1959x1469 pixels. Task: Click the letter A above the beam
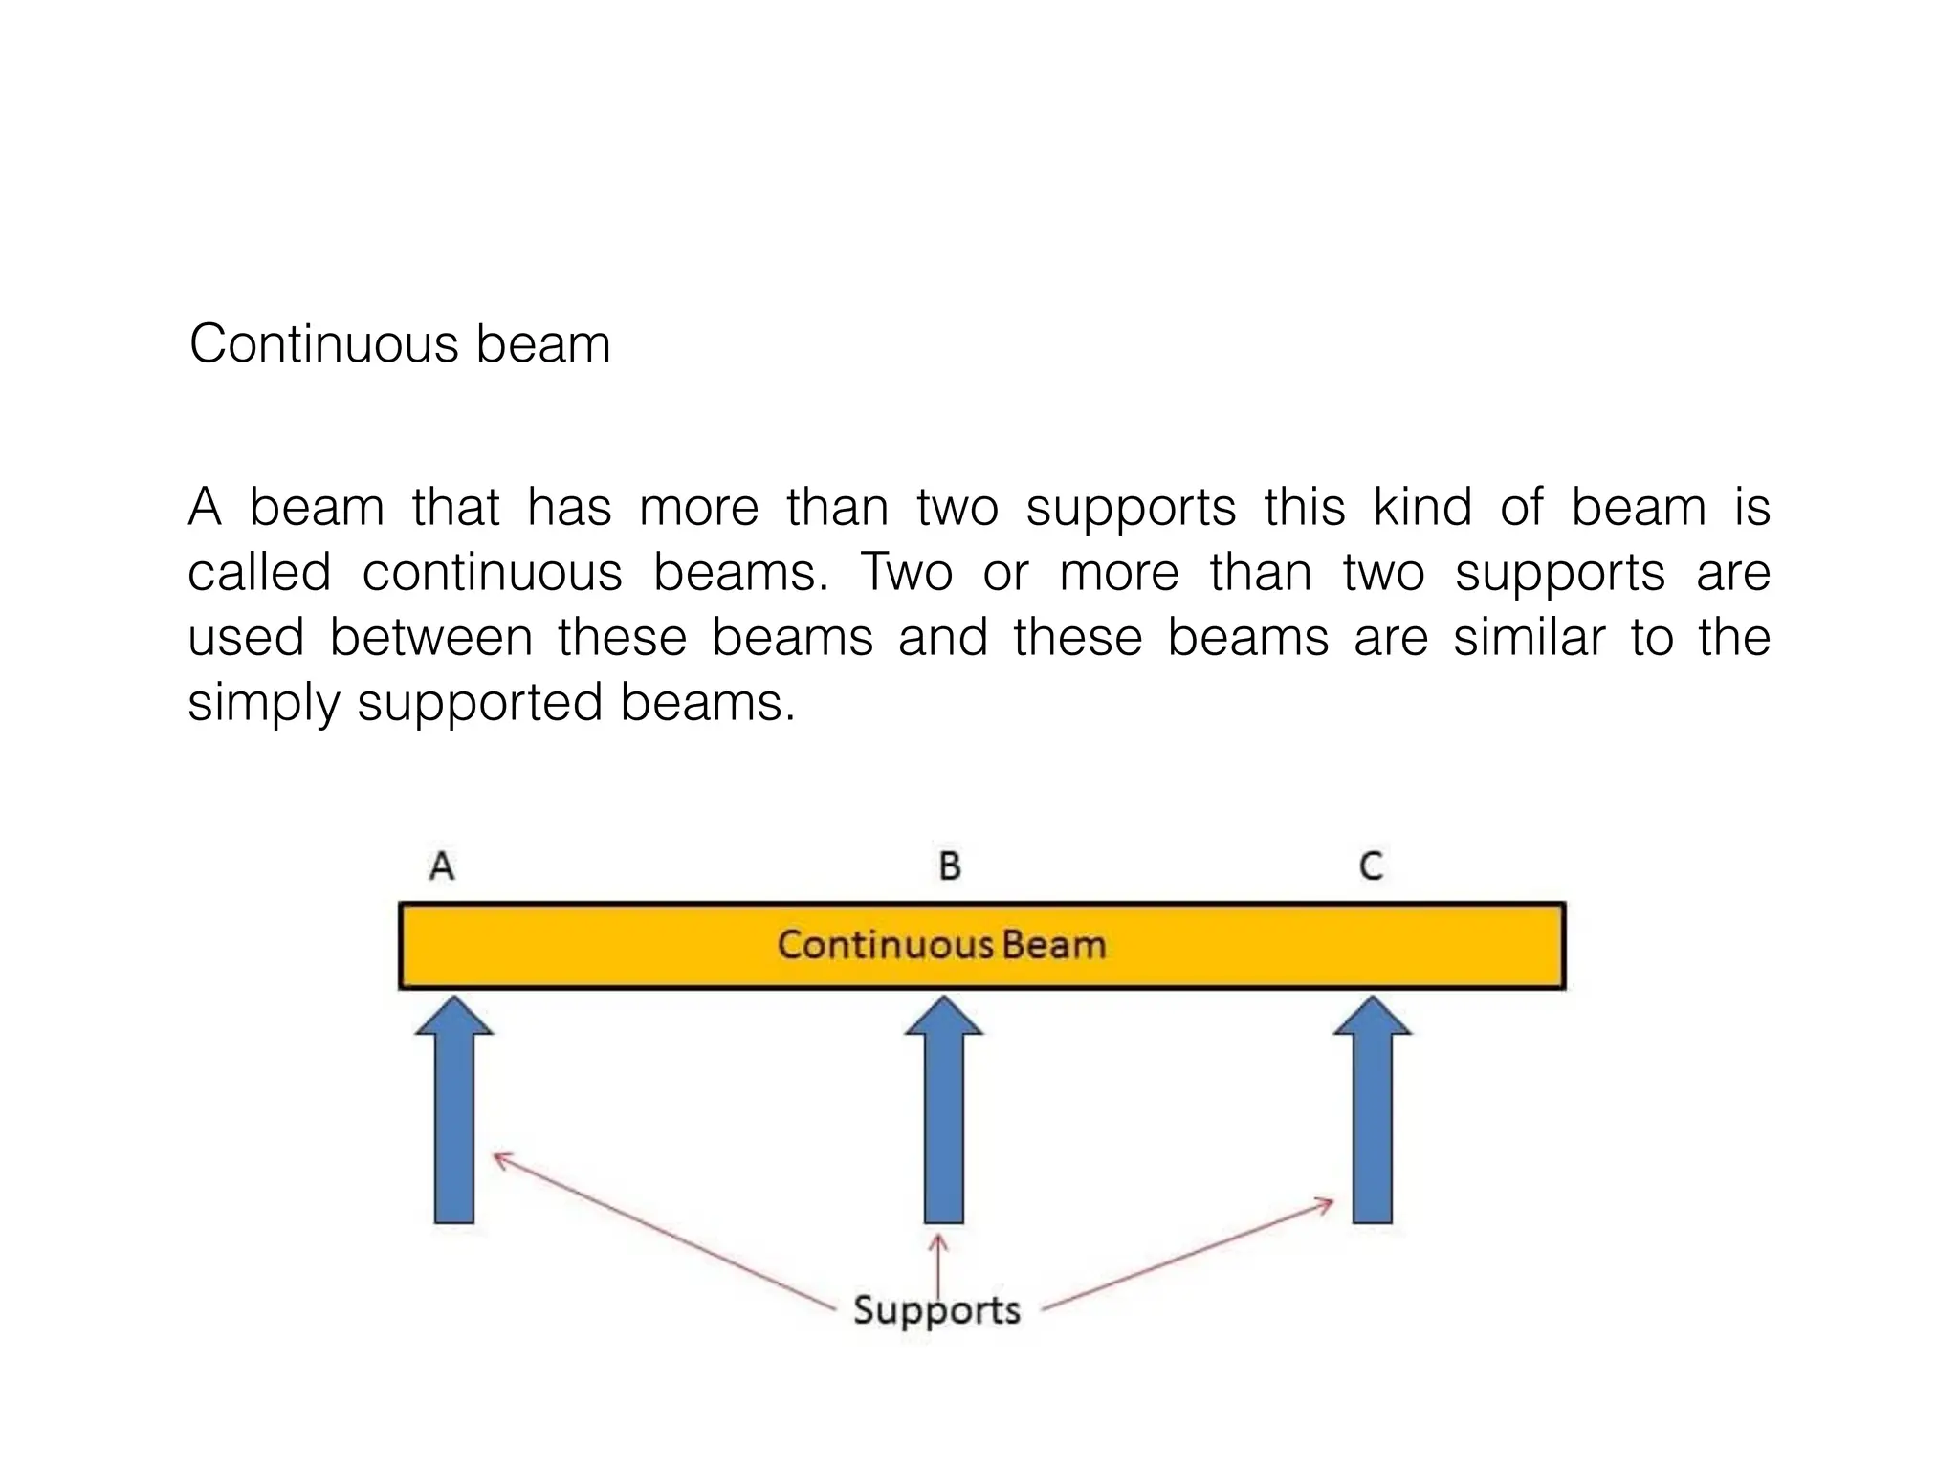pyautogui.click(x=441, y=866)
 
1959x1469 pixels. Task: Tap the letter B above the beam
pyautogui.click(x=949, y=866)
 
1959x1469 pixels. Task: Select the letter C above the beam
pyautogui.click(x=1371, y=866)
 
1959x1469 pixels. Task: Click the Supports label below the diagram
pyautogui.click(x=936, y=1310)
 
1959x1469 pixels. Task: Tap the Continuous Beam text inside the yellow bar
pyautogui.click(x=941, y=945)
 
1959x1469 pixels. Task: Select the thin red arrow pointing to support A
pyautogui.click(x=660, y=1230)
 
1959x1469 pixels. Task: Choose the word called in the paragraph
pyautogui.click(x=259, y=573)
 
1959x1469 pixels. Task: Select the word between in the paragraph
pyautogui.click(x=430, y=638)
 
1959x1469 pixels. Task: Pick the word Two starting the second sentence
pyautogui.click(x=907, y=573)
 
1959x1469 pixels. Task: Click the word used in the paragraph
pyautogui.click(x=246, y=638)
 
